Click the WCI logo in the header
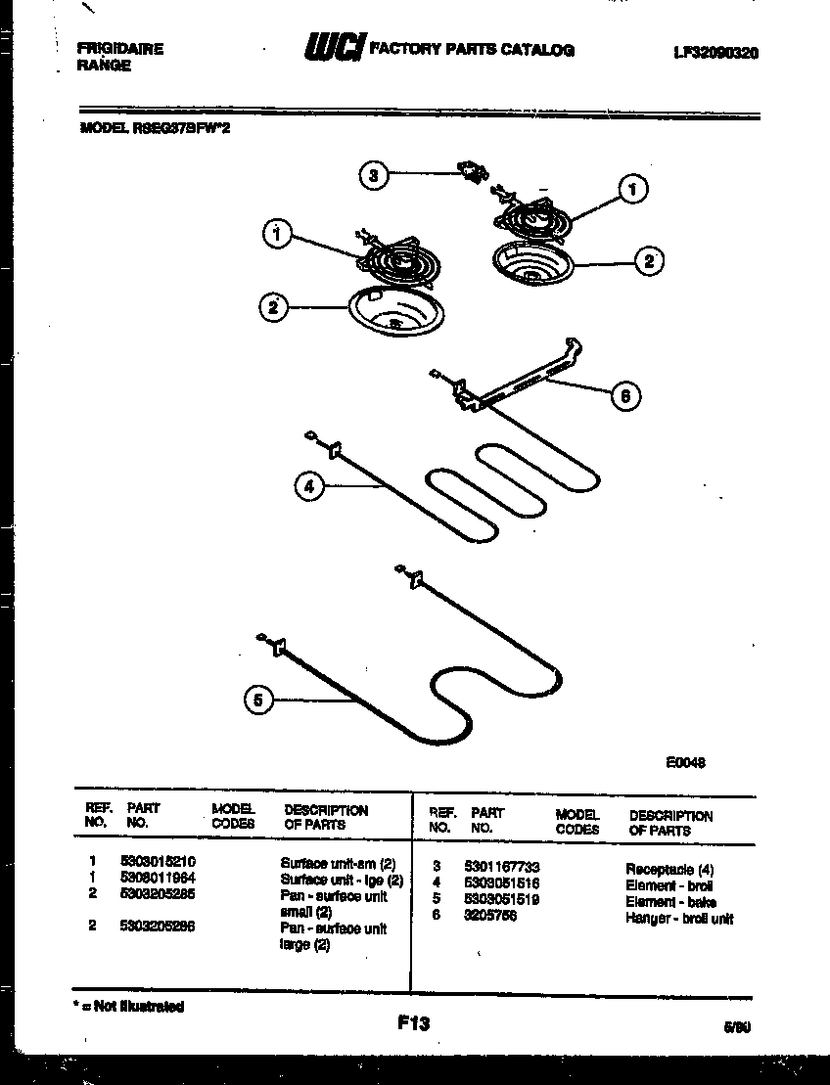335,48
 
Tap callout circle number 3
372,176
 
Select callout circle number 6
624,396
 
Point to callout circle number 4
309,486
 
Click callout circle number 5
257,700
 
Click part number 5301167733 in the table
501,867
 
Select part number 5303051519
501,899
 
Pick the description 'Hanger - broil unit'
678,918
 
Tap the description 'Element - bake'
670,901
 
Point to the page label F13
413,1023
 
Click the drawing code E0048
685,764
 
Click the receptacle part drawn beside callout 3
474,174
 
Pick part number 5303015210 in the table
161,862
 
